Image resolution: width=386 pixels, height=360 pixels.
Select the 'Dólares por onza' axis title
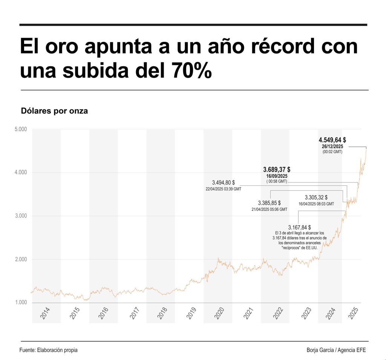[x=54, y=111]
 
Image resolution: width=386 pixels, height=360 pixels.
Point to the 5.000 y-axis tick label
[x=21, y=129]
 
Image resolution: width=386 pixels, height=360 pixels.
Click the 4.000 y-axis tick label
[x=21, y=173]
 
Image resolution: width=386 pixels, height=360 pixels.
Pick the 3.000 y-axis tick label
[x=21, y=216]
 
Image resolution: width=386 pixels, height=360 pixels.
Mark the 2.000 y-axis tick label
[x=21, y=259]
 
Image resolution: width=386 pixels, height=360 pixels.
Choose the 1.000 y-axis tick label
[x=21, y=303]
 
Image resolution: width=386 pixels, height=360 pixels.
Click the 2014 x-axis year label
[x=45, y=313]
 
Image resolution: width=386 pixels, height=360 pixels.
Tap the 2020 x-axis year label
[x=219, y=313]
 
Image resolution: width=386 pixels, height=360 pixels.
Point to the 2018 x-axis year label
[x=161, y=313]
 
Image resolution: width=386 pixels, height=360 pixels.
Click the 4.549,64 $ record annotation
[x=332, y=140]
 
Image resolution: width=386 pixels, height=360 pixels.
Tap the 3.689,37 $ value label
[x=279, y=170]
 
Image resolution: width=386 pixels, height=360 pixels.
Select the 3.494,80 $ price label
[x=223, y=182]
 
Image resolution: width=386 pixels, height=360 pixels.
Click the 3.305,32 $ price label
[x=316, y=197]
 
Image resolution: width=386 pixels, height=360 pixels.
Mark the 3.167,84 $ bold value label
[x=299, y=227]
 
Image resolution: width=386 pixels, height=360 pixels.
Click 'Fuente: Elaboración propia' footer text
[x=48, y=350]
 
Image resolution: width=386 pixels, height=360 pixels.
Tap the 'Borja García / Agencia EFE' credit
[x=336, y=350]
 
